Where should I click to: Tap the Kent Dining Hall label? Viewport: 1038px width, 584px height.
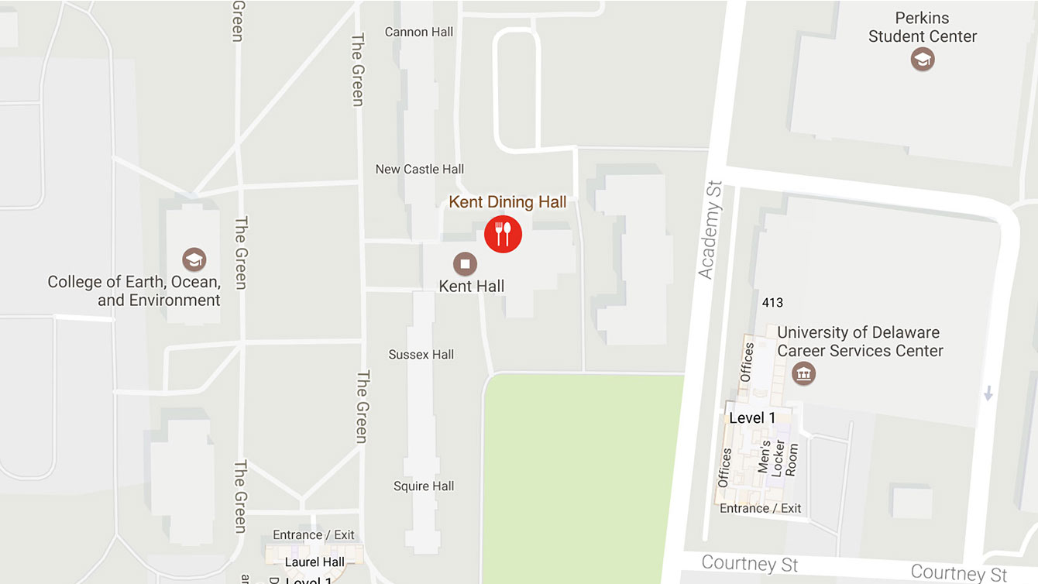pyautogui.click(x=507, y=202)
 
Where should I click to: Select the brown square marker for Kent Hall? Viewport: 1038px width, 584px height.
pyautogui.click(x=465, y=263)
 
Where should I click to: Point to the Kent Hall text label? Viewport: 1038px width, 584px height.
pyautogui.click(x=471, y=286)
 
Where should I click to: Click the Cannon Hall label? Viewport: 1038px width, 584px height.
pyautogui.click(x=418, y=32)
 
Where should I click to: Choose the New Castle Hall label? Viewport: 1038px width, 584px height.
pyautogui.click(x=419, y=169)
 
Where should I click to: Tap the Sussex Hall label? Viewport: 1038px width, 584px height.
pyautogui.click(x=421, y=354)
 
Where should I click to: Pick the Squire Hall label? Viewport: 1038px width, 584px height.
pyautogui.click(x=424, y=486)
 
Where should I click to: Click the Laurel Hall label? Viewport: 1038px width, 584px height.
pyautogui.click(x=314, y=562)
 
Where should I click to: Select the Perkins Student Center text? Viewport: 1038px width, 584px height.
pyautogui.click(x=922, y=27)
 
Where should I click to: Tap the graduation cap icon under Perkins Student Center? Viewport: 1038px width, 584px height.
pyautogui.click(x=922, y=59)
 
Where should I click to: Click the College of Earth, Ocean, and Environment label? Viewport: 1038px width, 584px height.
pyautogui.click(x=134, y=290)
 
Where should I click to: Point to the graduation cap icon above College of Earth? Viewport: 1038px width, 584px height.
pyautogui.click(x=194, y=259)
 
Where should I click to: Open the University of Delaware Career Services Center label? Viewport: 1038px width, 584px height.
pyautogui.click(x=859, y=342)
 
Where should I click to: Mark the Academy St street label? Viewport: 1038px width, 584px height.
pyautogui.click(x=710, y=230)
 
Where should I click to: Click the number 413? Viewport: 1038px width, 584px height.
pyautogui.click(x=772, y=303)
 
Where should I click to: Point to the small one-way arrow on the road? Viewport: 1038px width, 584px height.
pyautogui.click(x=988, y=393)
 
